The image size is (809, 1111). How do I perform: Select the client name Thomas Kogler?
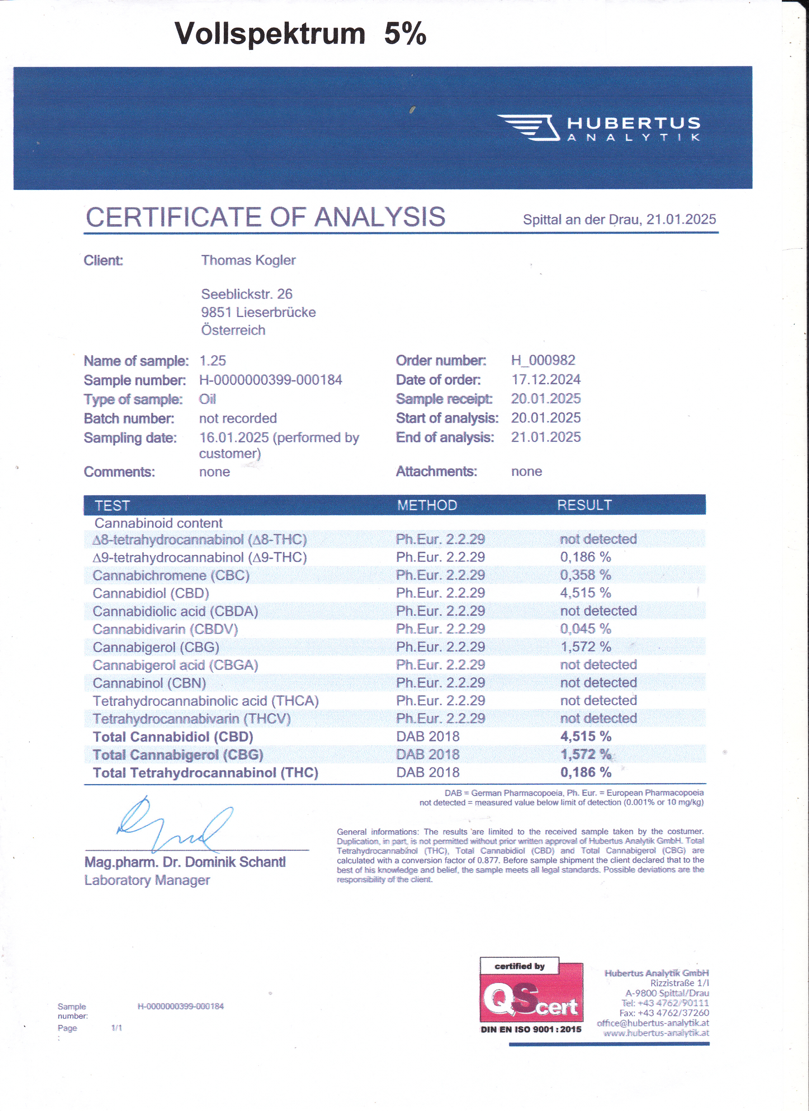[248, 260]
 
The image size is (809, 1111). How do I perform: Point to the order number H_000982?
[543, 360]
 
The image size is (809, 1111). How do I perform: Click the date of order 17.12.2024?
[546, 379]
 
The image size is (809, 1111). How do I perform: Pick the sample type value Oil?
[207, 399]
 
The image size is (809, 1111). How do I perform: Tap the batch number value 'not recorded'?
[237, 418]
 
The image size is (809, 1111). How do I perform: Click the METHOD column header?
[427, 505]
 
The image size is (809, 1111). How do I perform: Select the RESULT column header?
[584, 505]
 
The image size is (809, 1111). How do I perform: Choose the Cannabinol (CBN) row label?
[149, 683]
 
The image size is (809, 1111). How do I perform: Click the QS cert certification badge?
[531, 996]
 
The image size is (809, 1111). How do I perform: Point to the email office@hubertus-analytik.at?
[652, 1023]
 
